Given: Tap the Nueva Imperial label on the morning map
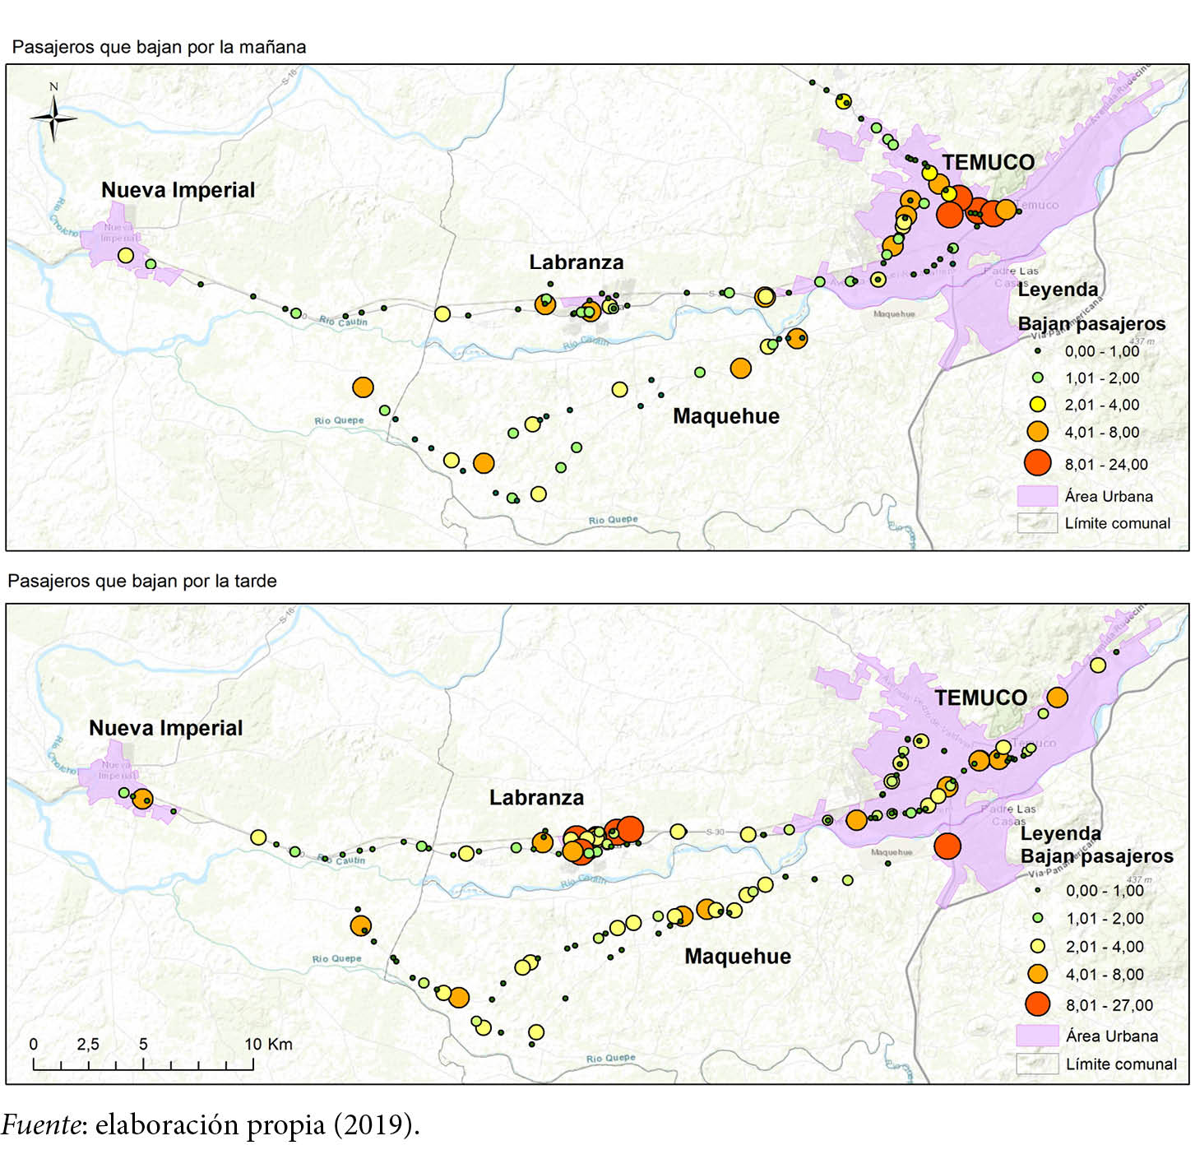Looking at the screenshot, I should pyautogui.click(x=178, y=190).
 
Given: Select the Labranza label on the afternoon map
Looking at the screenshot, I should pyautogui.click(x=536, y=797).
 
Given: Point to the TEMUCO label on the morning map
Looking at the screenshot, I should pyautogui.click(x=988, y=162).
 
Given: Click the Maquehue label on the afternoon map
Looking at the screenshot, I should pyautogui.click(x=738, y=956).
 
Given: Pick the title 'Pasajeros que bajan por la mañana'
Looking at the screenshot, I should pyautogui.click(x=159, y=47).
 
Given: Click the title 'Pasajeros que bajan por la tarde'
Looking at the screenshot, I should pyautogui.click(x=142, y=581).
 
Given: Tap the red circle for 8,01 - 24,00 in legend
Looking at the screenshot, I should pyautogui.click(x=1038, y=463).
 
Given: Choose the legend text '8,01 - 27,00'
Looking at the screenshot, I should pyautogui.click(x=1109, y=1005).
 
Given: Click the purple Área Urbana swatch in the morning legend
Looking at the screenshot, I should pyautogui.click(x=1036, y=495).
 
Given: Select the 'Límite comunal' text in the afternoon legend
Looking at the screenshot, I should pyautogui.click(x=1121, y=1064).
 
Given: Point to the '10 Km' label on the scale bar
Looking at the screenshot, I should pyautogui.click(x=268, y=1044).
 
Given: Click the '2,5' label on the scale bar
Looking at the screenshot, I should pyautogui.click(x=88, y=1044).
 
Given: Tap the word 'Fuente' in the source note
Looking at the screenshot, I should pyautogui.click(x=41, y=1124).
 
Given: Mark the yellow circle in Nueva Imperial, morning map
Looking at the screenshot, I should pyautogui.click(x=125, y=256).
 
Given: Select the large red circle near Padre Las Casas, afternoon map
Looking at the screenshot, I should pyautogui.click(x=947, y=846).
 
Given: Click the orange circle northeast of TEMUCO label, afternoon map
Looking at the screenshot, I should pyautogui.click(x=1057, y=698).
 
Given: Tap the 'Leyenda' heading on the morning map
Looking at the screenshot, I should pyautogui.click(x=1058, y=290).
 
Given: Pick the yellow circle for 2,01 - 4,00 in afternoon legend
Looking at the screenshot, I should pyautogui.click(x=1038, y=946).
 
